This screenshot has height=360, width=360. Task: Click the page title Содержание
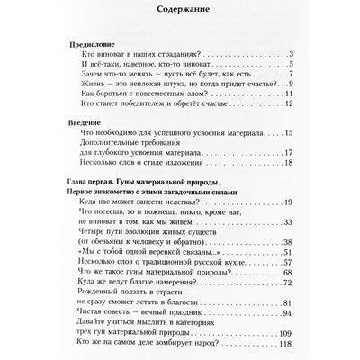pyautogui.click(x=180, y=13)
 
